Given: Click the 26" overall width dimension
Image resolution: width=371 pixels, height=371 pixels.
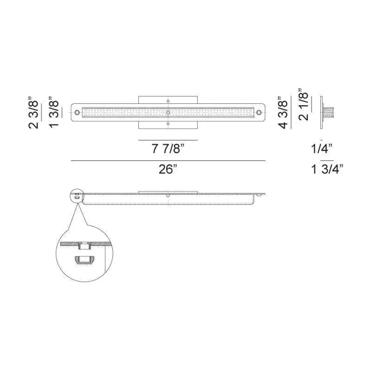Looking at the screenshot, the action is (168, 169).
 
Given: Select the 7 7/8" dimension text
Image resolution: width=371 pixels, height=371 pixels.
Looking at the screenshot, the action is (168, 149).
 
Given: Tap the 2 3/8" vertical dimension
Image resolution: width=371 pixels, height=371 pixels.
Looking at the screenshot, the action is (33, 112).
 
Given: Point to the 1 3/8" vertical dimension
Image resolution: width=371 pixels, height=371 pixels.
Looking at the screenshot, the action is (54, 112).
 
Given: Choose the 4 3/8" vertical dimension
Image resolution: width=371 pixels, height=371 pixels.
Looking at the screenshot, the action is (283, 112).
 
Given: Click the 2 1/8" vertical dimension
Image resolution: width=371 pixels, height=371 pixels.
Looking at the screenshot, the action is (303, 105).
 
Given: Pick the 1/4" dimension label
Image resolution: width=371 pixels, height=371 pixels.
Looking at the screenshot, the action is (322, 149).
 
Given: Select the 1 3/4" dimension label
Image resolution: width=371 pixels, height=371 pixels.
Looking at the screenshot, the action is (327, 169).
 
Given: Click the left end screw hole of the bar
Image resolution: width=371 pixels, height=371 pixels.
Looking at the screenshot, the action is (77, 112).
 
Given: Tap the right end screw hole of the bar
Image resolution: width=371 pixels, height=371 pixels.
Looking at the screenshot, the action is (259, 112).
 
